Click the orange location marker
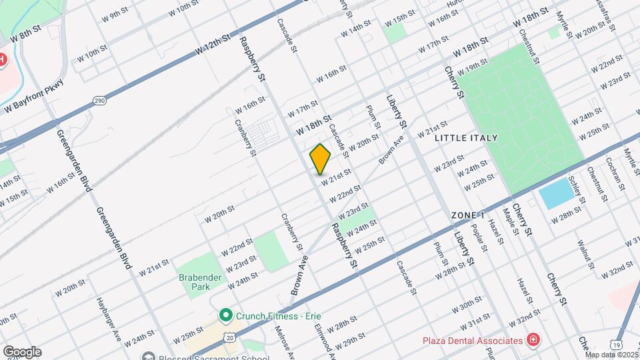321,159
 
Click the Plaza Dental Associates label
473,341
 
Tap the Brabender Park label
194,281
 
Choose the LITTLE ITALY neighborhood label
466,138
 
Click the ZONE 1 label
467,215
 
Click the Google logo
22,351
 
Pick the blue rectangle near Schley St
556,193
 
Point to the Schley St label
577,191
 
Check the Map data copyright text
612,355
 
